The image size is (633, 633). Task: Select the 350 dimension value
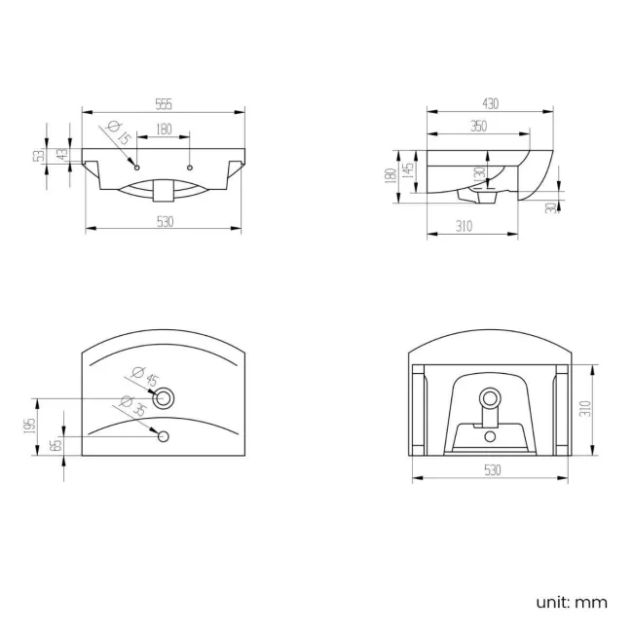click(x=477, y=126)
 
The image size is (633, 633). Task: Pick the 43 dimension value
click(x=63, y=156)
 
